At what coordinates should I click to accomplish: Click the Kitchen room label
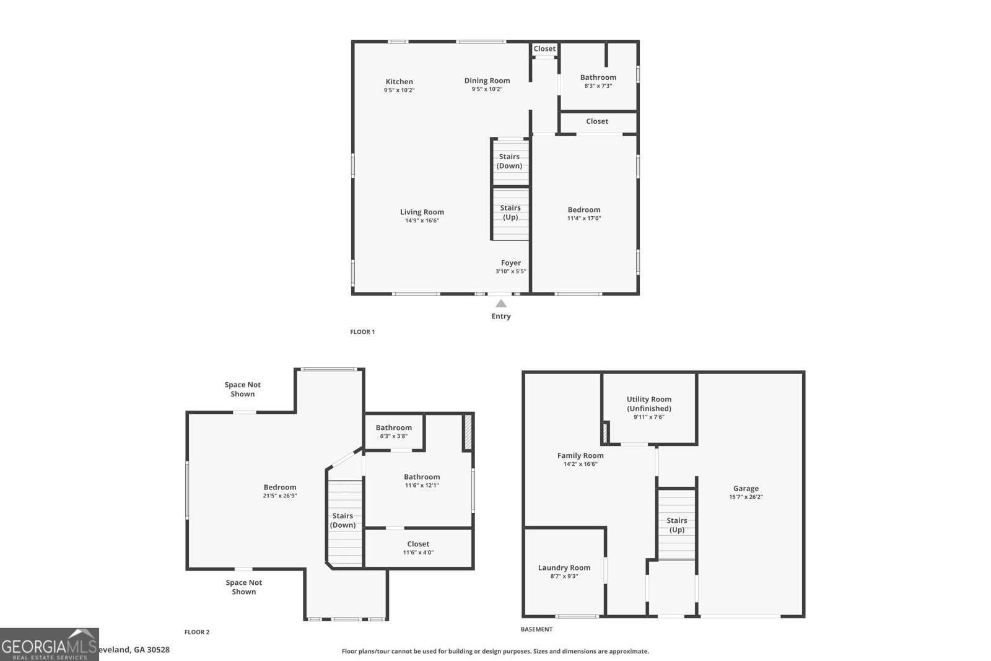(399, 82)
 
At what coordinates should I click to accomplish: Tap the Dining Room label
(487, 81)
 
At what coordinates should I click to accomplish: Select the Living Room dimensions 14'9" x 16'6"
(422, 221)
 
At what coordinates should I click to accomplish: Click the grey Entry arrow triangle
(501, 304)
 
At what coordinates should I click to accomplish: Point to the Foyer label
(511, 263)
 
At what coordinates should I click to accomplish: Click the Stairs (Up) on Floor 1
(510, 212)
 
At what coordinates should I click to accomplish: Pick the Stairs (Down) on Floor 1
(510, 161)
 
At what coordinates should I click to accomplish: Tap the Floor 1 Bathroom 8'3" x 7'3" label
(598, 81)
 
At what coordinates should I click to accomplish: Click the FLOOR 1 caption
(362, 332)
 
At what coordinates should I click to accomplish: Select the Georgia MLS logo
(49, 645)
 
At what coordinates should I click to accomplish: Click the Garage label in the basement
(746, 488)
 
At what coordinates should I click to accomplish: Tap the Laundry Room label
(564, 567)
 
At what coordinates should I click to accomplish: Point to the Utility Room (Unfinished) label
(648, 404)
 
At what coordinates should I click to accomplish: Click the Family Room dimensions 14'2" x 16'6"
(580, 464)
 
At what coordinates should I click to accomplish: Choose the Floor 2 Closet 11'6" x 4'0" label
(418, 548)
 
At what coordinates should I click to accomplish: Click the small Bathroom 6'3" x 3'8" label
(393, 431)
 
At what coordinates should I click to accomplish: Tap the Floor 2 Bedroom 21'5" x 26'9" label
(280, 491)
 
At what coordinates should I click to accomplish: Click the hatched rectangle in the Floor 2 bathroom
(468, 432)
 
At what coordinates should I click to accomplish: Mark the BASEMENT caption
(536, 629)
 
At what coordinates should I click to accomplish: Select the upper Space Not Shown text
(243, 389)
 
